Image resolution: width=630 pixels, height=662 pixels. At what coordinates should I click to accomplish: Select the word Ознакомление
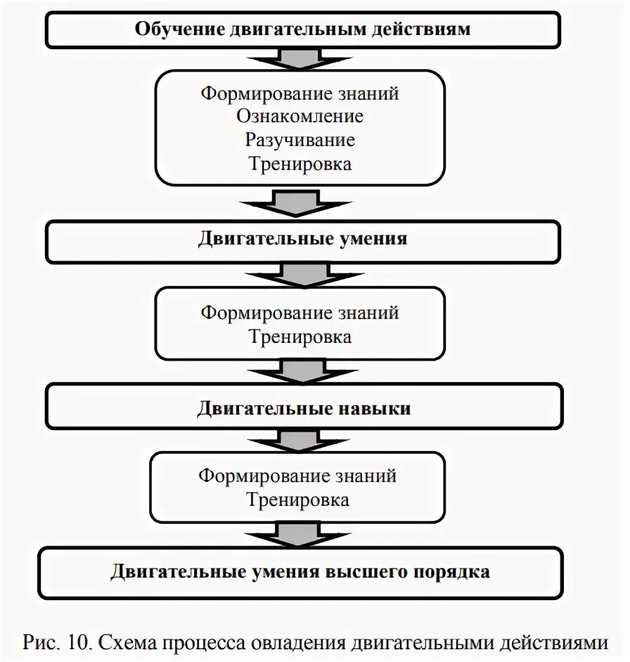[x=300, y=116]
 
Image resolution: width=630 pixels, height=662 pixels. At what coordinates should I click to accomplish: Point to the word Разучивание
[x=300, y=139]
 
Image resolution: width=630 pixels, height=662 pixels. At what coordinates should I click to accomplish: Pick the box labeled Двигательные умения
[x=303, y=238]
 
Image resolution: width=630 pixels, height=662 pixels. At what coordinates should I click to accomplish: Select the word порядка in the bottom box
[x=454, y=571]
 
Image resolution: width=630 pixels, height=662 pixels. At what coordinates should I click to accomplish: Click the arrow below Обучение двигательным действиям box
[x=303, y=58]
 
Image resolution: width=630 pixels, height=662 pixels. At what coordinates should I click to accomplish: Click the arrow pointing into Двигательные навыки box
[x=303, y=370]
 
